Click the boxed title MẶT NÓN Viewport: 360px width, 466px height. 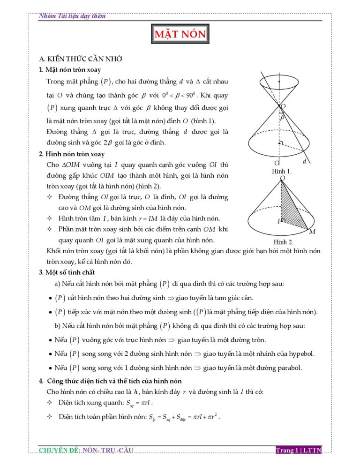pyautogui.click(x=180, y=35)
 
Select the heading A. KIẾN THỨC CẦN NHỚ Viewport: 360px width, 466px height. pyautogui.click(x=81, y=59)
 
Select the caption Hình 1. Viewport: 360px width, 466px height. pyautogui.click(x=282, y=172)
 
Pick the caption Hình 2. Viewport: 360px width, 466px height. pyautogui.click(x=283, y=242)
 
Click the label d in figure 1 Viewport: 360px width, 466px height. pyautogui.click(x=305, y=162)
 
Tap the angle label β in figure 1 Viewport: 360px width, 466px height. pyautogui.click(x=282, y=119)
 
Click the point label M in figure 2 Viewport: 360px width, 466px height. pyautogui.click(x=312, y=232)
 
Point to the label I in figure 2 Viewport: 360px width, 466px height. pyautogui.click(x=278, y=221)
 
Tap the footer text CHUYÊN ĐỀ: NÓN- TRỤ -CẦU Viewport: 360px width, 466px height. pyautogui.click(x=86, y=451)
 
